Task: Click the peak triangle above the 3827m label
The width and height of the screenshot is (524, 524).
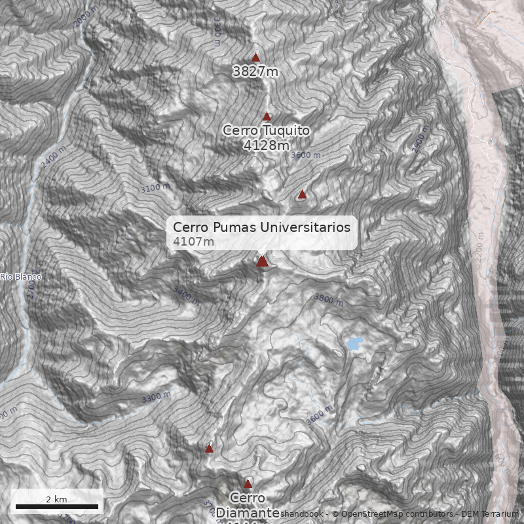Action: click(255, 58)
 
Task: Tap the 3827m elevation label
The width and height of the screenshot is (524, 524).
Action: click(255, 71)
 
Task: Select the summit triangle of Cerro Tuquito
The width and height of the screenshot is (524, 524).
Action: click(267, 117)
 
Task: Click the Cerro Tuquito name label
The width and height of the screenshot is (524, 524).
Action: click(266, 130)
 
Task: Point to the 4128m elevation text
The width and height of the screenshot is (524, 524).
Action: click(266, 145)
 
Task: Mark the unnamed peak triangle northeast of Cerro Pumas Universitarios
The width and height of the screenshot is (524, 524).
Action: click(302, 195)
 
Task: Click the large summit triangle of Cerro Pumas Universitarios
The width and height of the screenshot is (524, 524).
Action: click(262, 261)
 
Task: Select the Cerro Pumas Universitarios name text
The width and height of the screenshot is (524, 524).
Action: click(261, 227)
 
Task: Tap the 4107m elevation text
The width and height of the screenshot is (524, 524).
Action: click(193, 242)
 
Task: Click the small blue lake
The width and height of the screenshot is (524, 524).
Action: click(354, 343)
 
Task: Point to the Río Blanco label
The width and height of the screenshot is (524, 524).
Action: click(20, 277)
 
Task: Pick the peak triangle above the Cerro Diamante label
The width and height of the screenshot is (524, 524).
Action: click(248, 484)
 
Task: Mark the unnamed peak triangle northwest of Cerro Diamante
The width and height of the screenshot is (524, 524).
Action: click(209, 449)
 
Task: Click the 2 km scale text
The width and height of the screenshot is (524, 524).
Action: click(56, 499)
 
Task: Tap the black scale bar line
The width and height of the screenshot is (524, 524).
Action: click(56, 506)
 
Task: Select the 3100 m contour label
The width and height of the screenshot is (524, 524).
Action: click(155, 188)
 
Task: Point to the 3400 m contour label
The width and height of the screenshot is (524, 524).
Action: click(186, 295)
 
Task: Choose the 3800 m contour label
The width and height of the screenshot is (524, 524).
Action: click(328, 300)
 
